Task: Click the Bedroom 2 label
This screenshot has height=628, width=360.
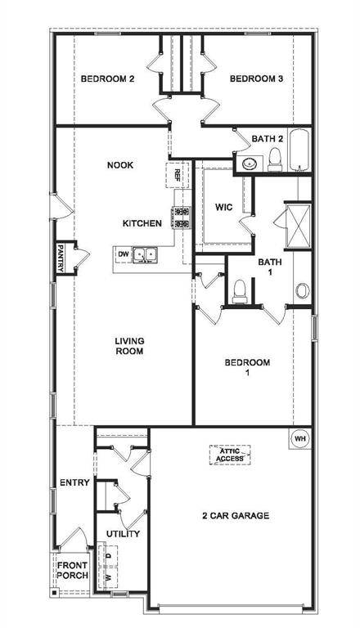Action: (x=107, y=78)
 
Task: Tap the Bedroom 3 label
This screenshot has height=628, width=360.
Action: (x=256, y=78)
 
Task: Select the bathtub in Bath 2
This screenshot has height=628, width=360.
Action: (x=299, y=150)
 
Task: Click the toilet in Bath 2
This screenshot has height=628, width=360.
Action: (x=275, y=158)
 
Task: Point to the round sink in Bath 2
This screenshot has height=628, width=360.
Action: (x=250, y=164)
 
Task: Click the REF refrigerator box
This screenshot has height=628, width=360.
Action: (x=177, y=175)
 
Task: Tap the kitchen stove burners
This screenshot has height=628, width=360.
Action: (x=181, y=218)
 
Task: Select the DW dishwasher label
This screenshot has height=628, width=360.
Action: (x=123, y=254)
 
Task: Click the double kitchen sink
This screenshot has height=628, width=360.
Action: (x=145, y=254)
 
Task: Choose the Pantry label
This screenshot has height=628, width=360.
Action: (x=61, y=258)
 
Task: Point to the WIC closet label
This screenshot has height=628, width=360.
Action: (x=223, y=207)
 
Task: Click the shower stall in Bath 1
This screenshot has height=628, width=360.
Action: (x=298, y=226)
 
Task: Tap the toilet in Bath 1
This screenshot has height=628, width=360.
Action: (x=240, y=291)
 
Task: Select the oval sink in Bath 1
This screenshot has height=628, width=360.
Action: (x=302, y=290)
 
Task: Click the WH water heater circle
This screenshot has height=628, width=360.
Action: (x=300, y=438)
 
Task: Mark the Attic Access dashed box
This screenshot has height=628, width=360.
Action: (x=230, y=455)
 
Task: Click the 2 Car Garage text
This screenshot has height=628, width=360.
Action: (x=236, y=515)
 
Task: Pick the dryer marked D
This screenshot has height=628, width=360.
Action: (x=107, y=555)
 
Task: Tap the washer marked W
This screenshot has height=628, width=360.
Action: (x=107, y=577)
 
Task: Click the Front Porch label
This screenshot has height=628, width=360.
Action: (x=72, y=570)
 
